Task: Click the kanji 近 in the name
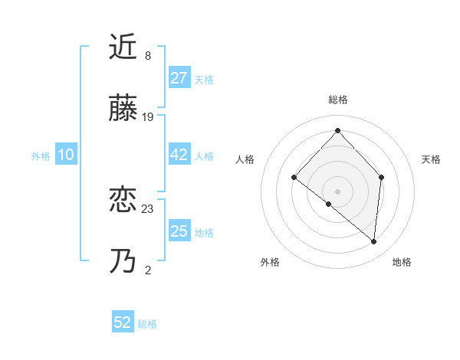[124, 47]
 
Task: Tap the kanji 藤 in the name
[124, 110]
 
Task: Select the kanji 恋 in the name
[124, 201]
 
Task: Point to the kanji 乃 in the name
[124, 263]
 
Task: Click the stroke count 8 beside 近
[147, 55]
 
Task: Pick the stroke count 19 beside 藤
[148, 117]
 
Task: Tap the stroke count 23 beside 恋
[148, 208]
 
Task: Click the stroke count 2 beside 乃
[147, 270]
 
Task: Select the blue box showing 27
[179, 78]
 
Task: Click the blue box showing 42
[179, 155]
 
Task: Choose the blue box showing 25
[179, 231]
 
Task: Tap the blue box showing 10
[65, 155]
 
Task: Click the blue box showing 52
[123, 322]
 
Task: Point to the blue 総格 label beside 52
[147, 323]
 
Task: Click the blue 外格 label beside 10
[41, 155]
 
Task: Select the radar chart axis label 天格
[431, 159]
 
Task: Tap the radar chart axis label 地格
[402, 262]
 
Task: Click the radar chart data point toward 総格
[337, 129]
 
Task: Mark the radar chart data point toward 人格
[294, 178]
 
